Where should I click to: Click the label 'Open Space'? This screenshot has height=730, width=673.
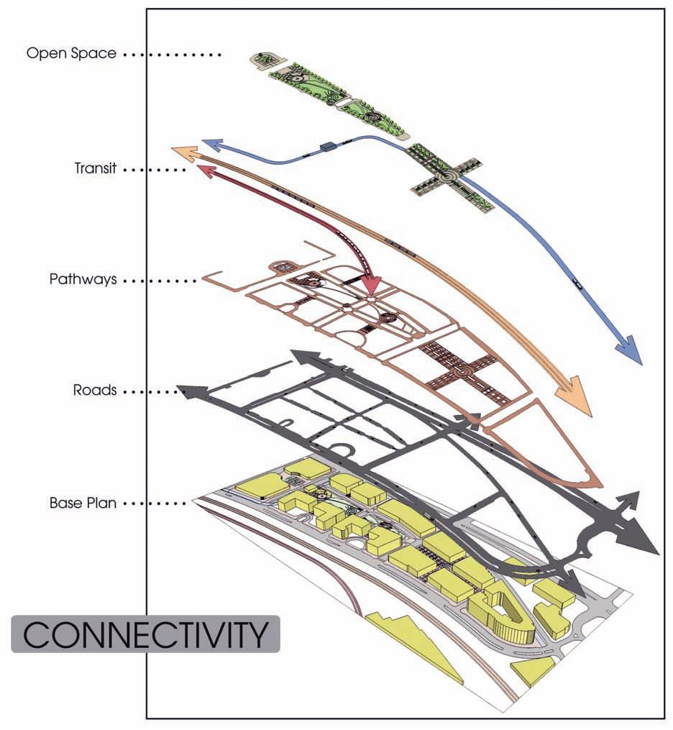tap(71, 54)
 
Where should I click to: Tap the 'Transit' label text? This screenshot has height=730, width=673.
tap(95, 169)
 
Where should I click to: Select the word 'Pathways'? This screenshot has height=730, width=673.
tap(83, 279)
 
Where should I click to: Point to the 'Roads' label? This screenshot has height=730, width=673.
tap(95, 391)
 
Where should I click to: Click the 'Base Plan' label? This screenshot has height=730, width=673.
tap(83, 503)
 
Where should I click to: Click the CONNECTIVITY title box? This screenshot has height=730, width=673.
tap(145, 634)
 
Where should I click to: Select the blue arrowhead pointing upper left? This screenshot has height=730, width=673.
tap(210, 143)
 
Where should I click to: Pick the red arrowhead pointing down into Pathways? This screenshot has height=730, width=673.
tap(370, 286)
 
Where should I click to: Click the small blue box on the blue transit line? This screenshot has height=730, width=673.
tap(329, 147)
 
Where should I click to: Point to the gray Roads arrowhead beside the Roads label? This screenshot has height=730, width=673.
tap(188, 392)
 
